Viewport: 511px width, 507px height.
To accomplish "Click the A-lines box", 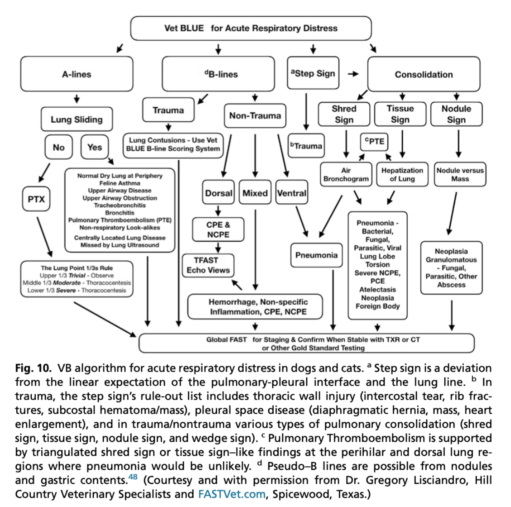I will tap(77, 74).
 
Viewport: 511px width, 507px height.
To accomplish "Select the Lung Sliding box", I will tap(77, 120).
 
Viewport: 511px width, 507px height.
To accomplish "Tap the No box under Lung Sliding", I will tap(58, 147).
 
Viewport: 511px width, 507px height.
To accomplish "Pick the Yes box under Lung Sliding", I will tap(95, 147).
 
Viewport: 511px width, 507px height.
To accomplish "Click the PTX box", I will tap(36, 199).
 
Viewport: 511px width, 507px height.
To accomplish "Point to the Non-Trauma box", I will tap(255, 116).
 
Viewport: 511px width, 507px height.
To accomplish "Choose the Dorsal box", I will tap(218, 193).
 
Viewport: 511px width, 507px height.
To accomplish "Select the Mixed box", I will tap(255, 193).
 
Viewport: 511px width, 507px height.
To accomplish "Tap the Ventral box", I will tap(292, 193).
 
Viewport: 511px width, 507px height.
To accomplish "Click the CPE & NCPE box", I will tap(218, 230).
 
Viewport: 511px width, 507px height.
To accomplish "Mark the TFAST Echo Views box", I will tap(208, 265).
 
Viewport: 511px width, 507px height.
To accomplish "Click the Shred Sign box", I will tap(344, 114).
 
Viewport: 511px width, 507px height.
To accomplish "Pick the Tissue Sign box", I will tap(400, 114).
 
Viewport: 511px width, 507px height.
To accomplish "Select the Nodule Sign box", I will tap(456, 114).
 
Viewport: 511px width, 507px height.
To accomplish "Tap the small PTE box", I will tap(374, 141).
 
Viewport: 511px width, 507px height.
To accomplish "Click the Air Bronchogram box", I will tap(346, 175).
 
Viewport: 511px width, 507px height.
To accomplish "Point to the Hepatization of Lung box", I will tap(402, 175).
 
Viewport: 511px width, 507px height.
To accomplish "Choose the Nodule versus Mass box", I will tap(460, 175).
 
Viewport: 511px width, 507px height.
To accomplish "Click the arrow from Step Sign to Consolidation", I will tap(353, 74).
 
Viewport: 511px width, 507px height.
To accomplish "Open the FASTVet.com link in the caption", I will tap(231, 494).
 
